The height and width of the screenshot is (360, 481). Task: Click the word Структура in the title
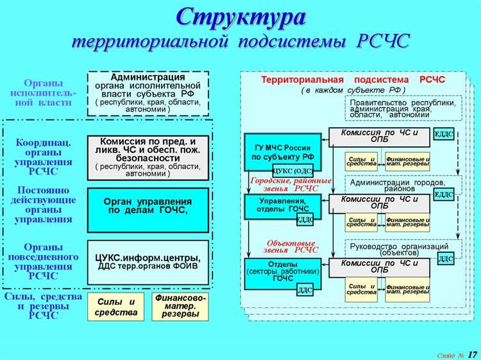240,17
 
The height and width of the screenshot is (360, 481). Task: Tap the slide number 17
472,354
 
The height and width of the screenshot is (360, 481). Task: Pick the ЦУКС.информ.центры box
148,262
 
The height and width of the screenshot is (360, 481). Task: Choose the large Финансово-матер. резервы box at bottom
180,307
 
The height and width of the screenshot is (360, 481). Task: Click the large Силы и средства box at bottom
116,307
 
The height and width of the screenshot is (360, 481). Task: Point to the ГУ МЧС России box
282,151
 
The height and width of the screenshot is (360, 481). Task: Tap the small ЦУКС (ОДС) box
292,171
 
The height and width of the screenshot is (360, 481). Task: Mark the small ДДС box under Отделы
305,290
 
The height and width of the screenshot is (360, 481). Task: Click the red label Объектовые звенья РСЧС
291,247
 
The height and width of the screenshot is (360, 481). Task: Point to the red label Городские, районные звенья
291,184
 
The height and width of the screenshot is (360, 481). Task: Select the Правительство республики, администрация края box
403,107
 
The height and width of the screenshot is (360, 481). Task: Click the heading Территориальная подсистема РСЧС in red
353,80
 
